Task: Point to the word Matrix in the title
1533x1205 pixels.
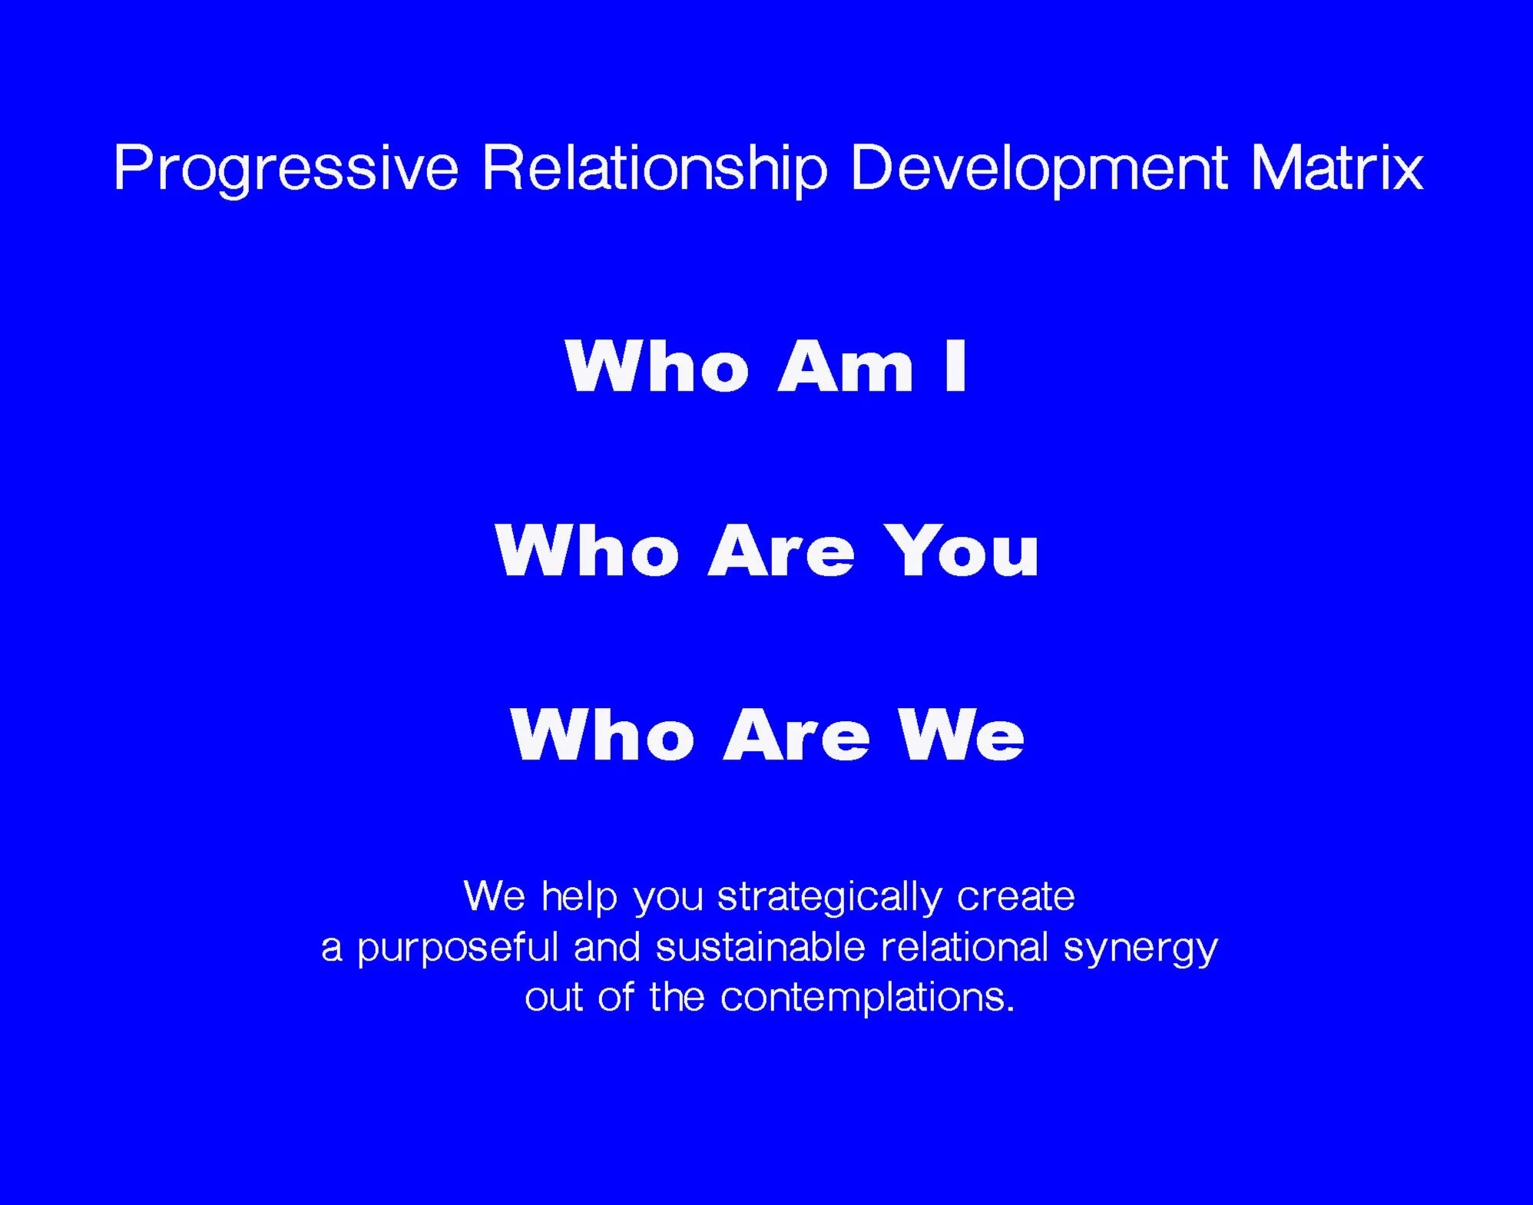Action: (x=1337, y=167)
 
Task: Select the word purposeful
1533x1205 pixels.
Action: (x=458, y=948)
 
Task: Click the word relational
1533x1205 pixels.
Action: (x=965, y=946)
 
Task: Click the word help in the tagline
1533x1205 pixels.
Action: (x=580, y=898)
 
